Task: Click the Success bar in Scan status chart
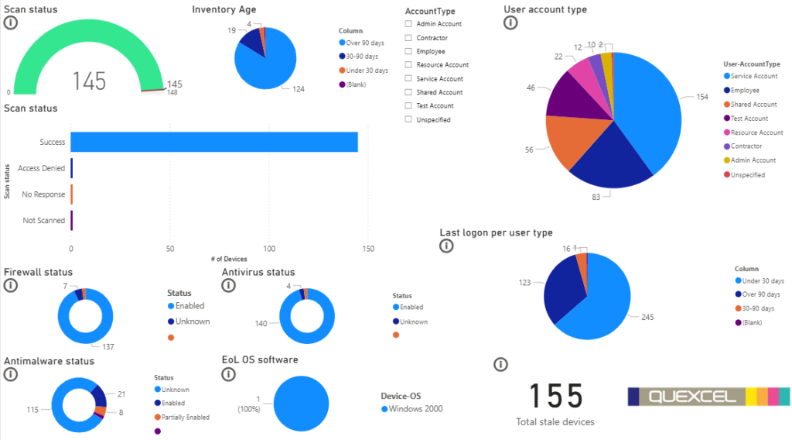click(x=213, y=143)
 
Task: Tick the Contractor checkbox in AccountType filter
click(x=408, y=38)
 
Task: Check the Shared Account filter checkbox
click(x=408, y=92)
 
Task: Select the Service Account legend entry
click(x=753, y=76)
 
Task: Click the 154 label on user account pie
click(x=702, y=97)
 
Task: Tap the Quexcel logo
click(x=708, y=396)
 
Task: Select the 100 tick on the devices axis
click(x=269, y=249)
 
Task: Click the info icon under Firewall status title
click(x=11, y=286)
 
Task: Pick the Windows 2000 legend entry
click(x=415, y=409)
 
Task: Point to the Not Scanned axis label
click(x=43, y=221)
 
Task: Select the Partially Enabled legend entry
click(x=186, y=417)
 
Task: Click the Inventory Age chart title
click(x=224, y=9)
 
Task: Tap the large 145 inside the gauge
click(x=89, y=80)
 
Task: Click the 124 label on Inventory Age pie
click(x=298, y=89)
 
